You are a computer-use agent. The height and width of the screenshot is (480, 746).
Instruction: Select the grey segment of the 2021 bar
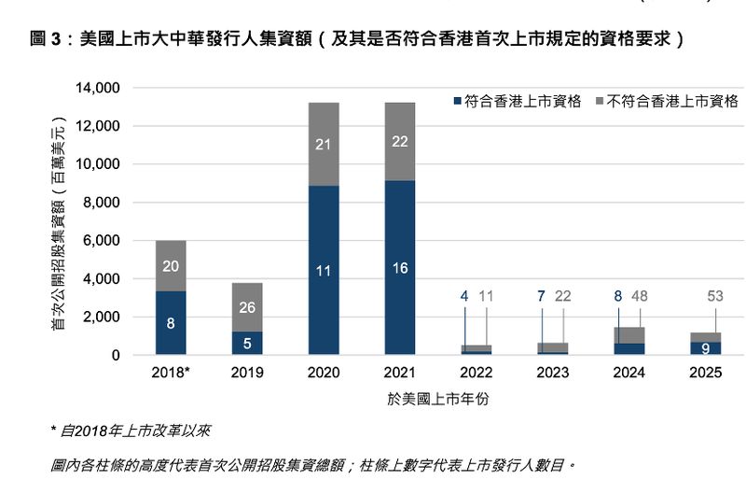pos(400,141)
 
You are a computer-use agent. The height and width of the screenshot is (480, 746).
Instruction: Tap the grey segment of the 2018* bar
pos(171,266)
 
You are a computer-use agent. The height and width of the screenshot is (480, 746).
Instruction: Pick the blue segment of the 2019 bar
pos(247,343)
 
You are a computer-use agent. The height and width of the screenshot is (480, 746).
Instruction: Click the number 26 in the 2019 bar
pos(247,307)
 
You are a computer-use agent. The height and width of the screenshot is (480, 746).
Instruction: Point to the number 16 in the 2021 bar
pos(400,269)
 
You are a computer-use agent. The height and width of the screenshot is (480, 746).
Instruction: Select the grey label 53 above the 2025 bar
pos(716,297)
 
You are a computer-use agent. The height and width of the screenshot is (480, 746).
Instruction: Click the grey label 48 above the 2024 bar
pos(640,297)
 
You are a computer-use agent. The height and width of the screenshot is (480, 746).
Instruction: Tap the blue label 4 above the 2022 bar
pos(464,297)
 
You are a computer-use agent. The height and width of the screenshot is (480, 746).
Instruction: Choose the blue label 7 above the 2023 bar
pos(541,297)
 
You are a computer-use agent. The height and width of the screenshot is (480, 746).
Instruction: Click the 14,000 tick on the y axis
pos(98,88)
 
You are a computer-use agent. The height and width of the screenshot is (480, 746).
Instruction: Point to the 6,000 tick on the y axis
pos(102,241)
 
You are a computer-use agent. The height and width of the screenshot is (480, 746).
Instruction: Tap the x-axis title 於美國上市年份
pos(438,399)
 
